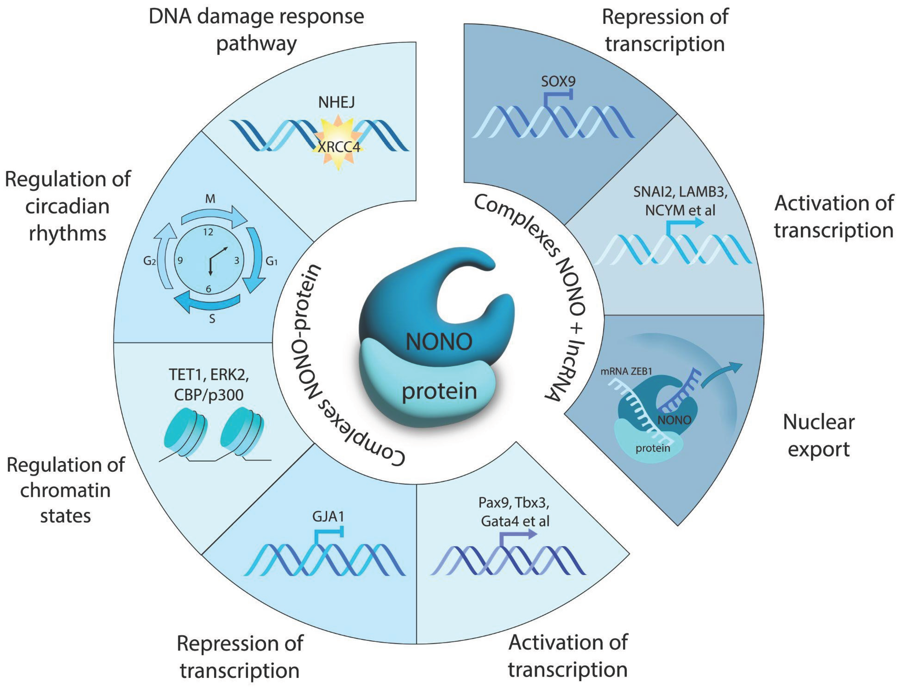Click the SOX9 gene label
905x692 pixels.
[558, 81]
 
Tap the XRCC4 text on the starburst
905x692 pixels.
[339, 147]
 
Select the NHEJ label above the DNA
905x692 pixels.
[336, 102]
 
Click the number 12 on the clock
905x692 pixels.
[208, 232]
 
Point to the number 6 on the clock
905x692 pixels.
[208, 289]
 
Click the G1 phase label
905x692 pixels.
[271, 261]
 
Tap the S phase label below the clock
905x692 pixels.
[212, 319]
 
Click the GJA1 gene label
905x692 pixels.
[328, 516]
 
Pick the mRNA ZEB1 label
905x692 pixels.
[626, 372]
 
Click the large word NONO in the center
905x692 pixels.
[439, 342]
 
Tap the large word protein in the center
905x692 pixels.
[439, 391]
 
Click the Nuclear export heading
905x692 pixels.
[819, 435]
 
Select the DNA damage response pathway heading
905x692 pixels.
[256, 30]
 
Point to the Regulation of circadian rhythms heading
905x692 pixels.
[68, 206]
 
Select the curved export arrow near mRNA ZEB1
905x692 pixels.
[721, 373]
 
